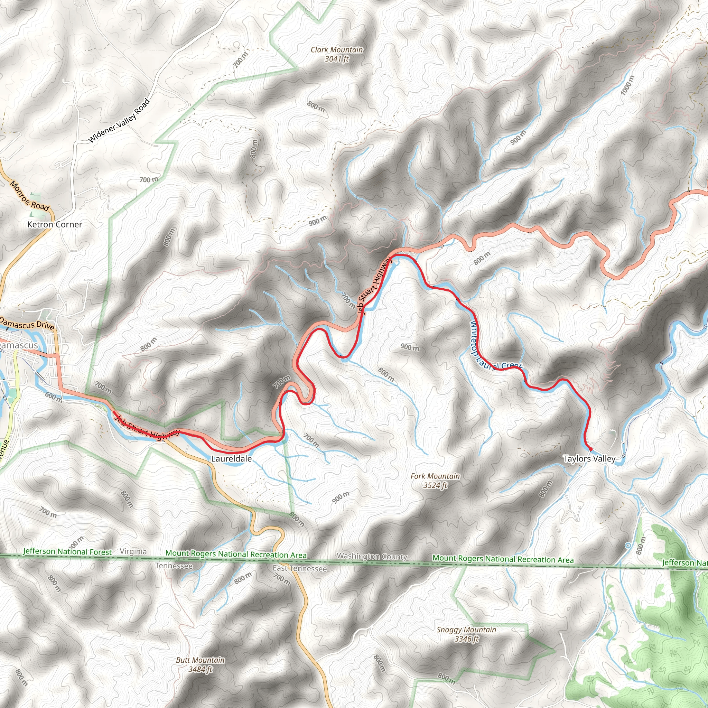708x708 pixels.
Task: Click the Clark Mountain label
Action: click(x=336, y=50)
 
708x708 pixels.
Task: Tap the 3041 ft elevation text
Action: click(x=336, y=59)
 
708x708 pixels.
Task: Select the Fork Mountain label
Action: click(x=435, y=476)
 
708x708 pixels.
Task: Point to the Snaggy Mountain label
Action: click(x=466, y=630)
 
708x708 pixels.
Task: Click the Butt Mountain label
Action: click(x=200, y=660)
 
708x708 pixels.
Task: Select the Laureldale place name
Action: click(x=231, y=459)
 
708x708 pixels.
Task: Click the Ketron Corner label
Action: click(x=55, y=225)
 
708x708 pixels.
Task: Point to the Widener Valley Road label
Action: click(x=120, y=121)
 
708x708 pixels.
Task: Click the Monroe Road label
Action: click(x=29, y=196)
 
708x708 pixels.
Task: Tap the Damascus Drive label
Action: click(x=27, y=324)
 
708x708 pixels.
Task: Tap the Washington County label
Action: click(x=372, y=556)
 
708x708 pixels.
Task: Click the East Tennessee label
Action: click(x=299, y=568)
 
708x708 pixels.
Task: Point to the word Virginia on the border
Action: click(x=133, y=551)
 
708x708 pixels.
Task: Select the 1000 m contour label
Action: click(x=627, y=85)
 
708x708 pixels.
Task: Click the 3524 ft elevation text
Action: click(x=435, y=486)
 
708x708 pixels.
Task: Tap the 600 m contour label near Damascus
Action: click(x=54, y=397)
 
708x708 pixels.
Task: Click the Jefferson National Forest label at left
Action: click(x=67, y=551)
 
